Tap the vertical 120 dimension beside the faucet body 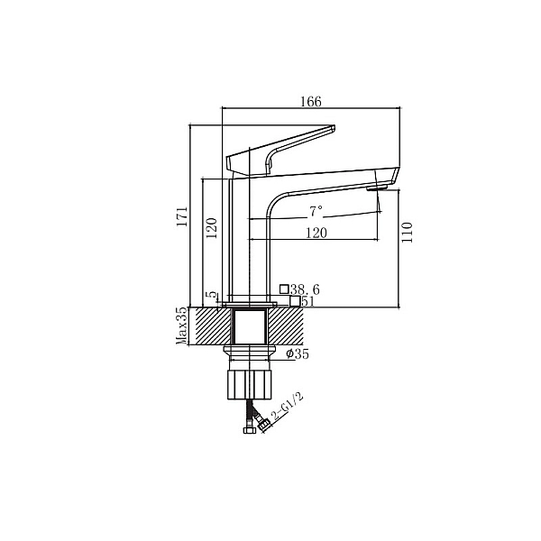pyautogui.click(x=212, y=226)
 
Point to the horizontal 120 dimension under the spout pyautogui.click(x=315, y=232)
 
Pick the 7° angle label pyautogui.click(x=316, y=212)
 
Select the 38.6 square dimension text pyautogui.click(x=305, y=289)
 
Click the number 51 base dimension pyautogui.click(x=307, y=301)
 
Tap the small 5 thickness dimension pyautogui.click(x=212, y=295)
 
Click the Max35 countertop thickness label pyautogui.click(x=181, y=326)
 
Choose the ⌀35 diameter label pyautogui.click(x=297, y=354)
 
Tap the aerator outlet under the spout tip pyautogui.click(x=377, y=189)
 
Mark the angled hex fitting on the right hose pyautogui.click(x=262, y=420)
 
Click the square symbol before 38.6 pyautogui.click(x=284, y=289)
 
